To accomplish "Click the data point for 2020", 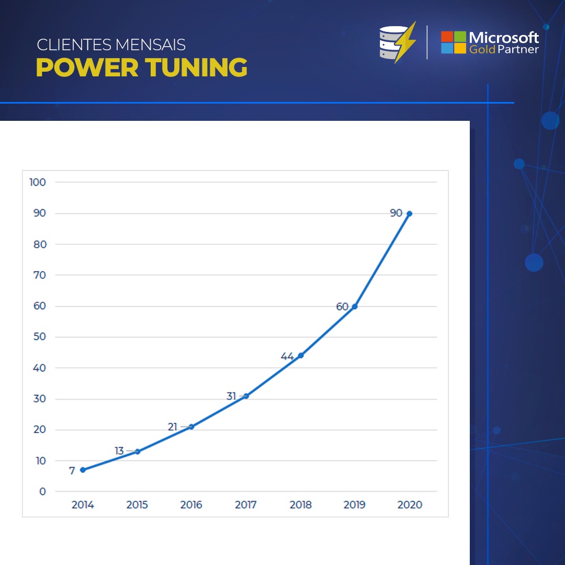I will tap(409, 213).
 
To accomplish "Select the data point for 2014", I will tap(83, 470).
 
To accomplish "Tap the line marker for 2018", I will tap(300, 356).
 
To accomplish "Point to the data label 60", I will tap(342, 307).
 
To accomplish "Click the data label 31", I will tap(231, 397).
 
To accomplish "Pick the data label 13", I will tap(119, 451).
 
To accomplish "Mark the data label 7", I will tap(72, 471).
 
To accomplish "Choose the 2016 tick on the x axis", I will tap(191, 505).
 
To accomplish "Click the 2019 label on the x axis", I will tap(355, 505).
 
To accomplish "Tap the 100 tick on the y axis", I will tap(38, 182).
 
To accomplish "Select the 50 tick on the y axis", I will tap(40, 337).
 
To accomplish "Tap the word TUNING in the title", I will tap(196, 68).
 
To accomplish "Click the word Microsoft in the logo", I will tap(504, 37).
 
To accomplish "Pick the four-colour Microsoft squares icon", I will tap(453, 42).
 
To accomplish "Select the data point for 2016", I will tap(191, 427).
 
